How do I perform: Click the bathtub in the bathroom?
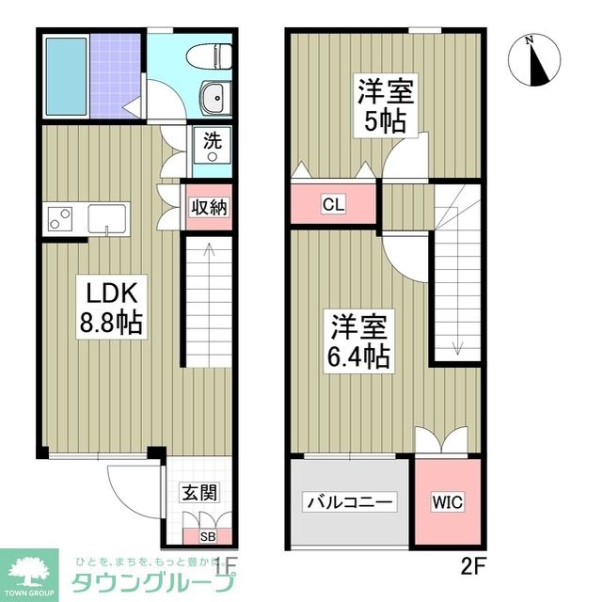pyautogui.click(x=66, y=76)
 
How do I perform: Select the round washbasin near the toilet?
pyautogui.click(x=212, y=95)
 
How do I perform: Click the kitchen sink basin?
pyautogui.click(x=108, y=218)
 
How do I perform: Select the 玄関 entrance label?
pyautogui.click(x=199, y=492)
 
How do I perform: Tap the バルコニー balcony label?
pyautogui.click(x=350, y=502)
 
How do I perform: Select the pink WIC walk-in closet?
pyautogui.click(x=448, y=502)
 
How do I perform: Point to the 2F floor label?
pyautogui.click(x=472, y=566)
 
